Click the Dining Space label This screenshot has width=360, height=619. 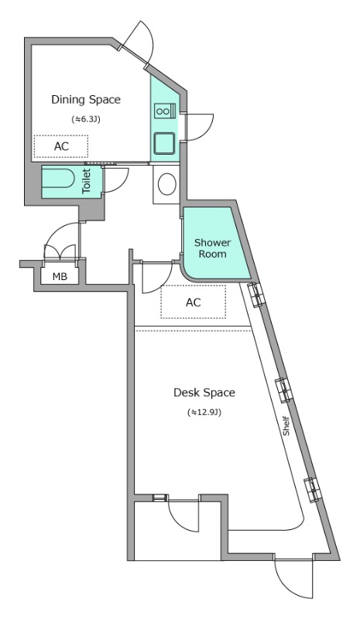pos(86,100)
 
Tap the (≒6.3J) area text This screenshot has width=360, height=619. pos(86,119)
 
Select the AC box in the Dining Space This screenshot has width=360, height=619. pos(61,146)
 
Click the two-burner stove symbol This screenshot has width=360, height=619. pos(165,110)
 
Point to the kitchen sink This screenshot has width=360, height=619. pos(165,143)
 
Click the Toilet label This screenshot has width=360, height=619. pos(87,181)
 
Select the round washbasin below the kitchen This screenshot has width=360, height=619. pos(166,184)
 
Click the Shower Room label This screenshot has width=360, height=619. pos(212,248)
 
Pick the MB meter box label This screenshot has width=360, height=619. pos(60,277)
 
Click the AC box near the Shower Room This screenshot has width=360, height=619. pos(194,302)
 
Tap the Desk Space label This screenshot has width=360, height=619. pos(204,392)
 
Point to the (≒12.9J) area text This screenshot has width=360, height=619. pos(204,412)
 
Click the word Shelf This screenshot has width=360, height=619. pos(286,426)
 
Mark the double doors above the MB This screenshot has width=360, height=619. pos(60,242)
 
